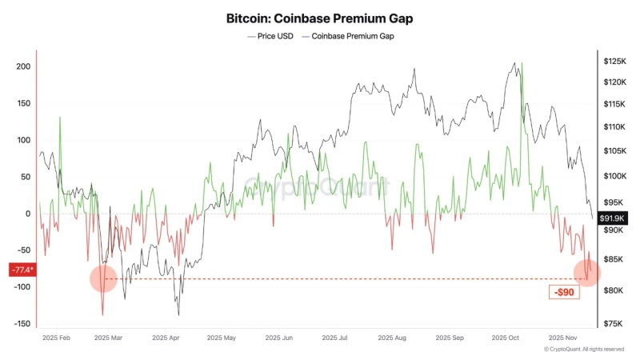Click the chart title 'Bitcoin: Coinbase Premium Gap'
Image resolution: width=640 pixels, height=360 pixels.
(320, 17)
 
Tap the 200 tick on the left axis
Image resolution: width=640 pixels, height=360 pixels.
(23, 66)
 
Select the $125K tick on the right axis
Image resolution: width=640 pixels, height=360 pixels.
(614, 62)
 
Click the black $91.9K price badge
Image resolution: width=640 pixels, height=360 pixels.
(614, 218)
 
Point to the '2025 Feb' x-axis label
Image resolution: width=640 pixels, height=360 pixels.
(57, 338)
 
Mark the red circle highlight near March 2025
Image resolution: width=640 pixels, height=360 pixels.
(103, 278)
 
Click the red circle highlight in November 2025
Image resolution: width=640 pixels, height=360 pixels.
(589, 272)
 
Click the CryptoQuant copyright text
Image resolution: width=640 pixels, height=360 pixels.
(584, 350)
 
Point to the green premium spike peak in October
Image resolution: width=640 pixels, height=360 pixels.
(522, 63)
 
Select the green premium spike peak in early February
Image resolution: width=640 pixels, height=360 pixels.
(60, 117)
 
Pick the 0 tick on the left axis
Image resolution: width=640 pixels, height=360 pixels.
(27, 214)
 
